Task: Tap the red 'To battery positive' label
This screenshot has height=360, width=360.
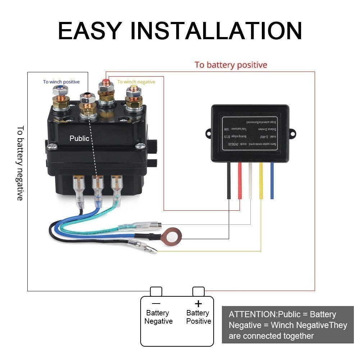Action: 231,65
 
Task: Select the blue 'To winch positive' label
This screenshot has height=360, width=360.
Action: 61,82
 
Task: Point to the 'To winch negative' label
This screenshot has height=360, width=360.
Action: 136,82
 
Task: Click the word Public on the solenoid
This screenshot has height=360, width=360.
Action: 79,138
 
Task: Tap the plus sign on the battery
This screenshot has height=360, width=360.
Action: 198,304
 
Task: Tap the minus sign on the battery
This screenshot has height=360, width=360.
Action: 156,304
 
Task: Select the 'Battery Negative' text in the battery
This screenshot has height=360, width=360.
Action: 158,317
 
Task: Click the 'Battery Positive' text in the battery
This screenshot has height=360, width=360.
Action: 199,317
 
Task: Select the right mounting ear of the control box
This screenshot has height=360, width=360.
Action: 292,134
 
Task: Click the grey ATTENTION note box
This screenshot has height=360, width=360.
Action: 288,325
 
